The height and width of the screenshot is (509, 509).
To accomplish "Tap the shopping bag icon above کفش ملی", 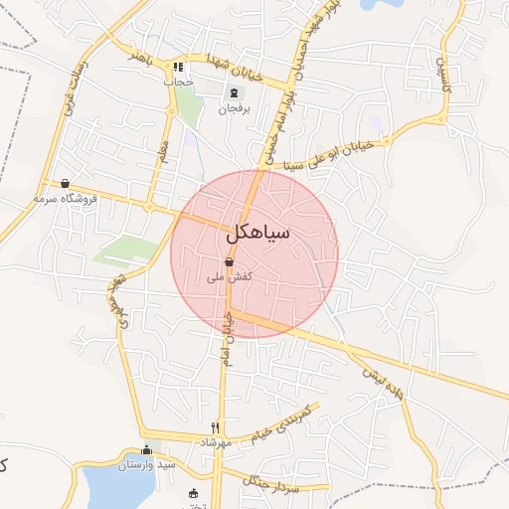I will pos(230,261).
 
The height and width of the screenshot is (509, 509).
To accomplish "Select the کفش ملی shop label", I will pos(230,277).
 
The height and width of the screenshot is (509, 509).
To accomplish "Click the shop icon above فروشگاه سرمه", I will pos(65,183).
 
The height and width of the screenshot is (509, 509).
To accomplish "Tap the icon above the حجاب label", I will pos(179,67).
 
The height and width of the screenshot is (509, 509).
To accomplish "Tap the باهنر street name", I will pos(131,56).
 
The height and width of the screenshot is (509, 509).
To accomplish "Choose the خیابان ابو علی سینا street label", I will pos(344,149).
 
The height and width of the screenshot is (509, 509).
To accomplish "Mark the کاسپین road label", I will pos(441,71).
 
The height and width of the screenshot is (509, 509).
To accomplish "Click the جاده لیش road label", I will pos(384,379).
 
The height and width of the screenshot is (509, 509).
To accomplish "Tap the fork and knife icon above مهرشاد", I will pos(230,426).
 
